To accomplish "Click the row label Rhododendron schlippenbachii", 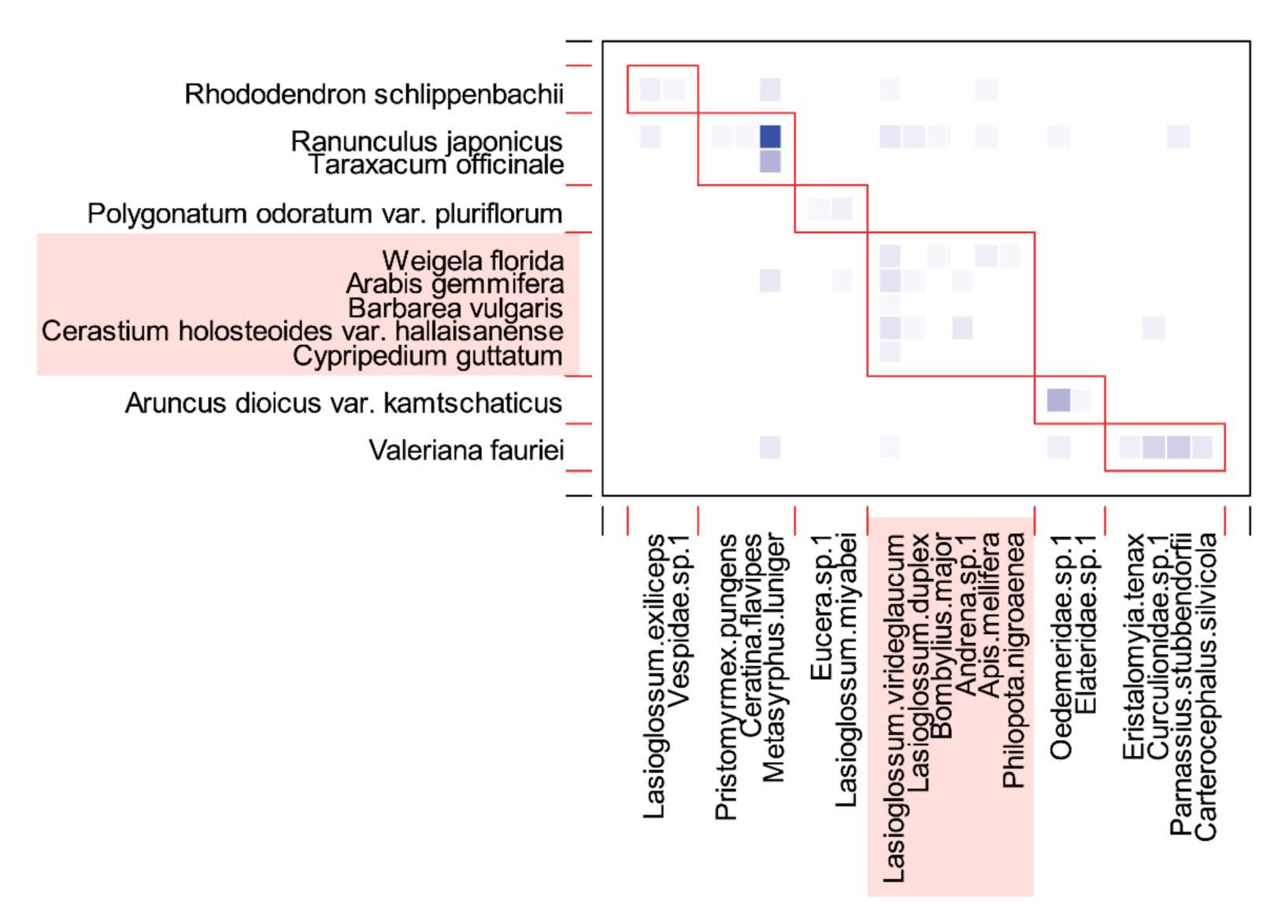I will coord(374,95).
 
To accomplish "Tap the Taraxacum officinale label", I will coord(435,165).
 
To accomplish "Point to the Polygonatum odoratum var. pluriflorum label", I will coord(324,214).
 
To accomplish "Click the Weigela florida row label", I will coord(472,261).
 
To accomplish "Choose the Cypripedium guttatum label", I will coord(428,356).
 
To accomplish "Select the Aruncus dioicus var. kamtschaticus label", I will coord(343,403).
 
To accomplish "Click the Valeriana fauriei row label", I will coord(466,450).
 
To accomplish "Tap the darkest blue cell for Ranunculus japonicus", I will coord(770,137).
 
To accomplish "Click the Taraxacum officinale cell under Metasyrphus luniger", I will coord(770,161).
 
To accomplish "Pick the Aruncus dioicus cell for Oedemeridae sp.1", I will coord(1058,400).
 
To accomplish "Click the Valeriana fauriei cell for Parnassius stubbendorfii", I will coord(1178,447).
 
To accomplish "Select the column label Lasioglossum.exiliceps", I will coord(654,676).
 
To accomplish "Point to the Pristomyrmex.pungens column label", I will coord(726,676).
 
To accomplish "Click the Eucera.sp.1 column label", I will coord(820,606).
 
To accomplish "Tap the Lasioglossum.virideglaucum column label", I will coord(894,707).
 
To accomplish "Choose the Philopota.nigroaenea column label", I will coord(1013,660).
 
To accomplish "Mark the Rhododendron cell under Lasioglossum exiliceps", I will coord(650,90).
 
